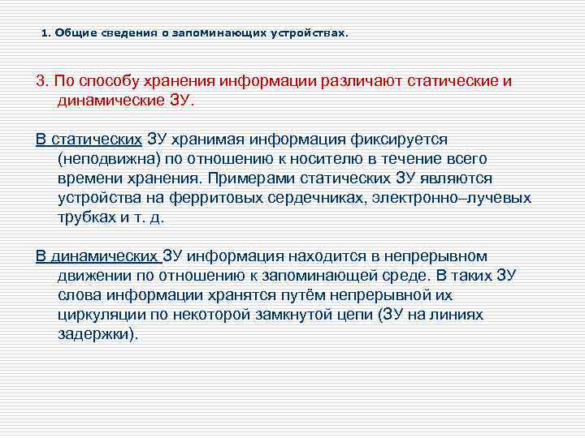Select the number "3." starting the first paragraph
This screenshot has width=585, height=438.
point(42,83)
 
